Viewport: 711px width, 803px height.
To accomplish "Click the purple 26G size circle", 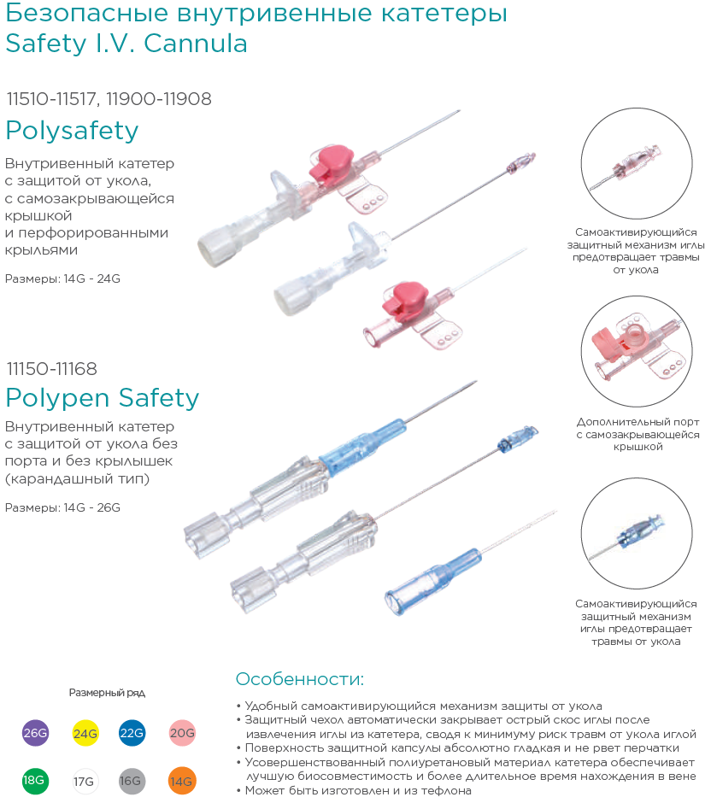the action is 35,733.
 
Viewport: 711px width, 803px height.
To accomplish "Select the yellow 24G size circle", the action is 85,733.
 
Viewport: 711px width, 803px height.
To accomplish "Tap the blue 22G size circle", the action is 132,733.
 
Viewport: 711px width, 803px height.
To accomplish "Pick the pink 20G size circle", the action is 182,733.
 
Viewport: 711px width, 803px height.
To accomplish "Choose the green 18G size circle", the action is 35,781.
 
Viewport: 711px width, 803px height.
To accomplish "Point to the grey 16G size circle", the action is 132,781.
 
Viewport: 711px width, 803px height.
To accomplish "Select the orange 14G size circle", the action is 182,781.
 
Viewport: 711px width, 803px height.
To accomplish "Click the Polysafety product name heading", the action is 73,131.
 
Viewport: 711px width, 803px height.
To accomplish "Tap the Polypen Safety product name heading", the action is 103,398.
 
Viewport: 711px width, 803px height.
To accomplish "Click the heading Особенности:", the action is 300,679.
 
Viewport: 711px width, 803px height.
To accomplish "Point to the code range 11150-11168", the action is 52,369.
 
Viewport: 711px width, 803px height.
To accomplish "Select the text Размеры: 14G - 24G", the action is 62,279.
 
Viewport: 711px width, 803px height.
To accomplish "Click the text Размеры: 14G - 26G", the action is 62,507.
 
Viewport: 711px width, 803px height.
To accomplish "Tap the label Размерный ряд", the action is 107,694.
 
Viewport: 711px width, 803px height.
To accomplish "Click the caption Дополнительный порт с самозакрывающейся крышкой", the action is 638,434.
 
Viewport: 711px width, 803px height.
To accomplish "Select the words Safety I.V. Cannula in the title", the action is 126,43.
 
